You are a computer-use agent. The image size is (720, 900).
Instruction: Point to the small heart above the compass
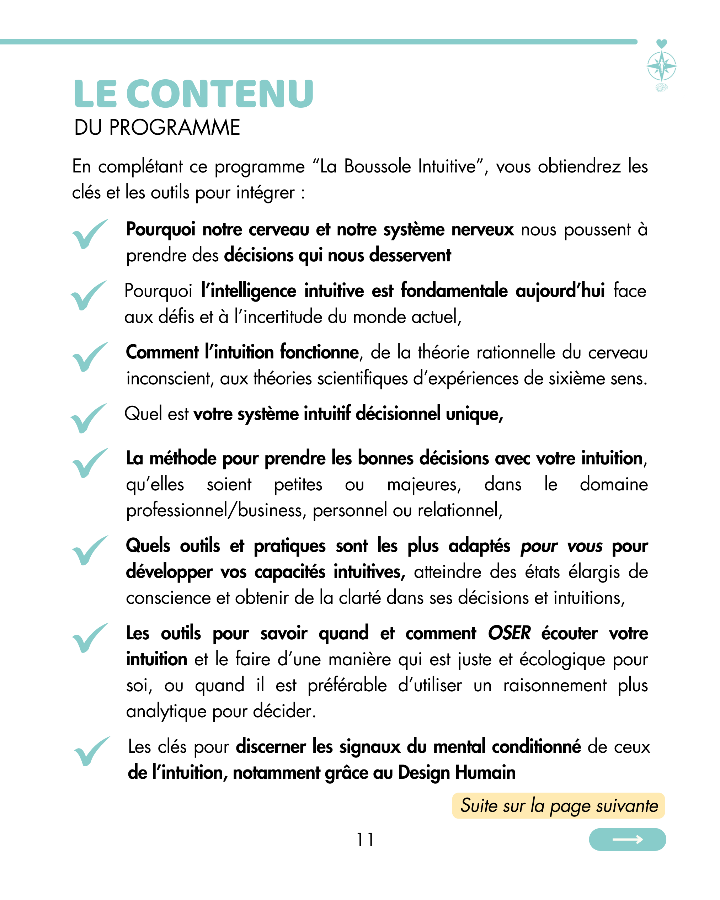pos(662,43)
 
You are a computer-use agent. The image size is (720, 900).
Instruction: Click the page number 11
pos(365,840)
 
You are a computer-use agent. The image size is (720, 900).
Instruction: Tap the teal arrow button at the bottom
pos(627,840)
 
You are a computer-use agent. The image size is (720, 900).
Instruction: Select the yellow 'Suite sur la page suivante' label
pos(559,806)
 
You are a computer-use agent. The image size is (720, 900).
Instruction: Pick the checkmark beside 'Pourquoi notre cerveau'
pos(90,234)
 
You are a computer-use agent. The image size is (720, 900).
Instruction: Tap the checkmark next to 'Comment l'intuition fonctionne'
pos(90,357)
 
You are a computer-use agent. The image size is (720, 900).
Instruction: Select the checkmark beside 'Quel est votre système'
pos(88,418)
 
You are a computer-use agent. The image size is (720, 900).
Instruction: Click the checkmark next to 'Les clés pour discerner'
pos(91,751)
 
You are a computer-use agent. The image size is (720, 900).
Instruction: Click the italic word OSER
pos(509,633)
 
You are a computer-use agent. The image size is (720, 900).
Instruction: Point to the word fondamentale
pos(454,291)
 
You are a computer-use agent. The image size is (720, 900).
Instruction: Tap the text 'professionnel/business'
pos(214,510)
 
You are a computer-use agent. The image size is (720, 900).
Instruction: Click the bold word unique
pos(474,414)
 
